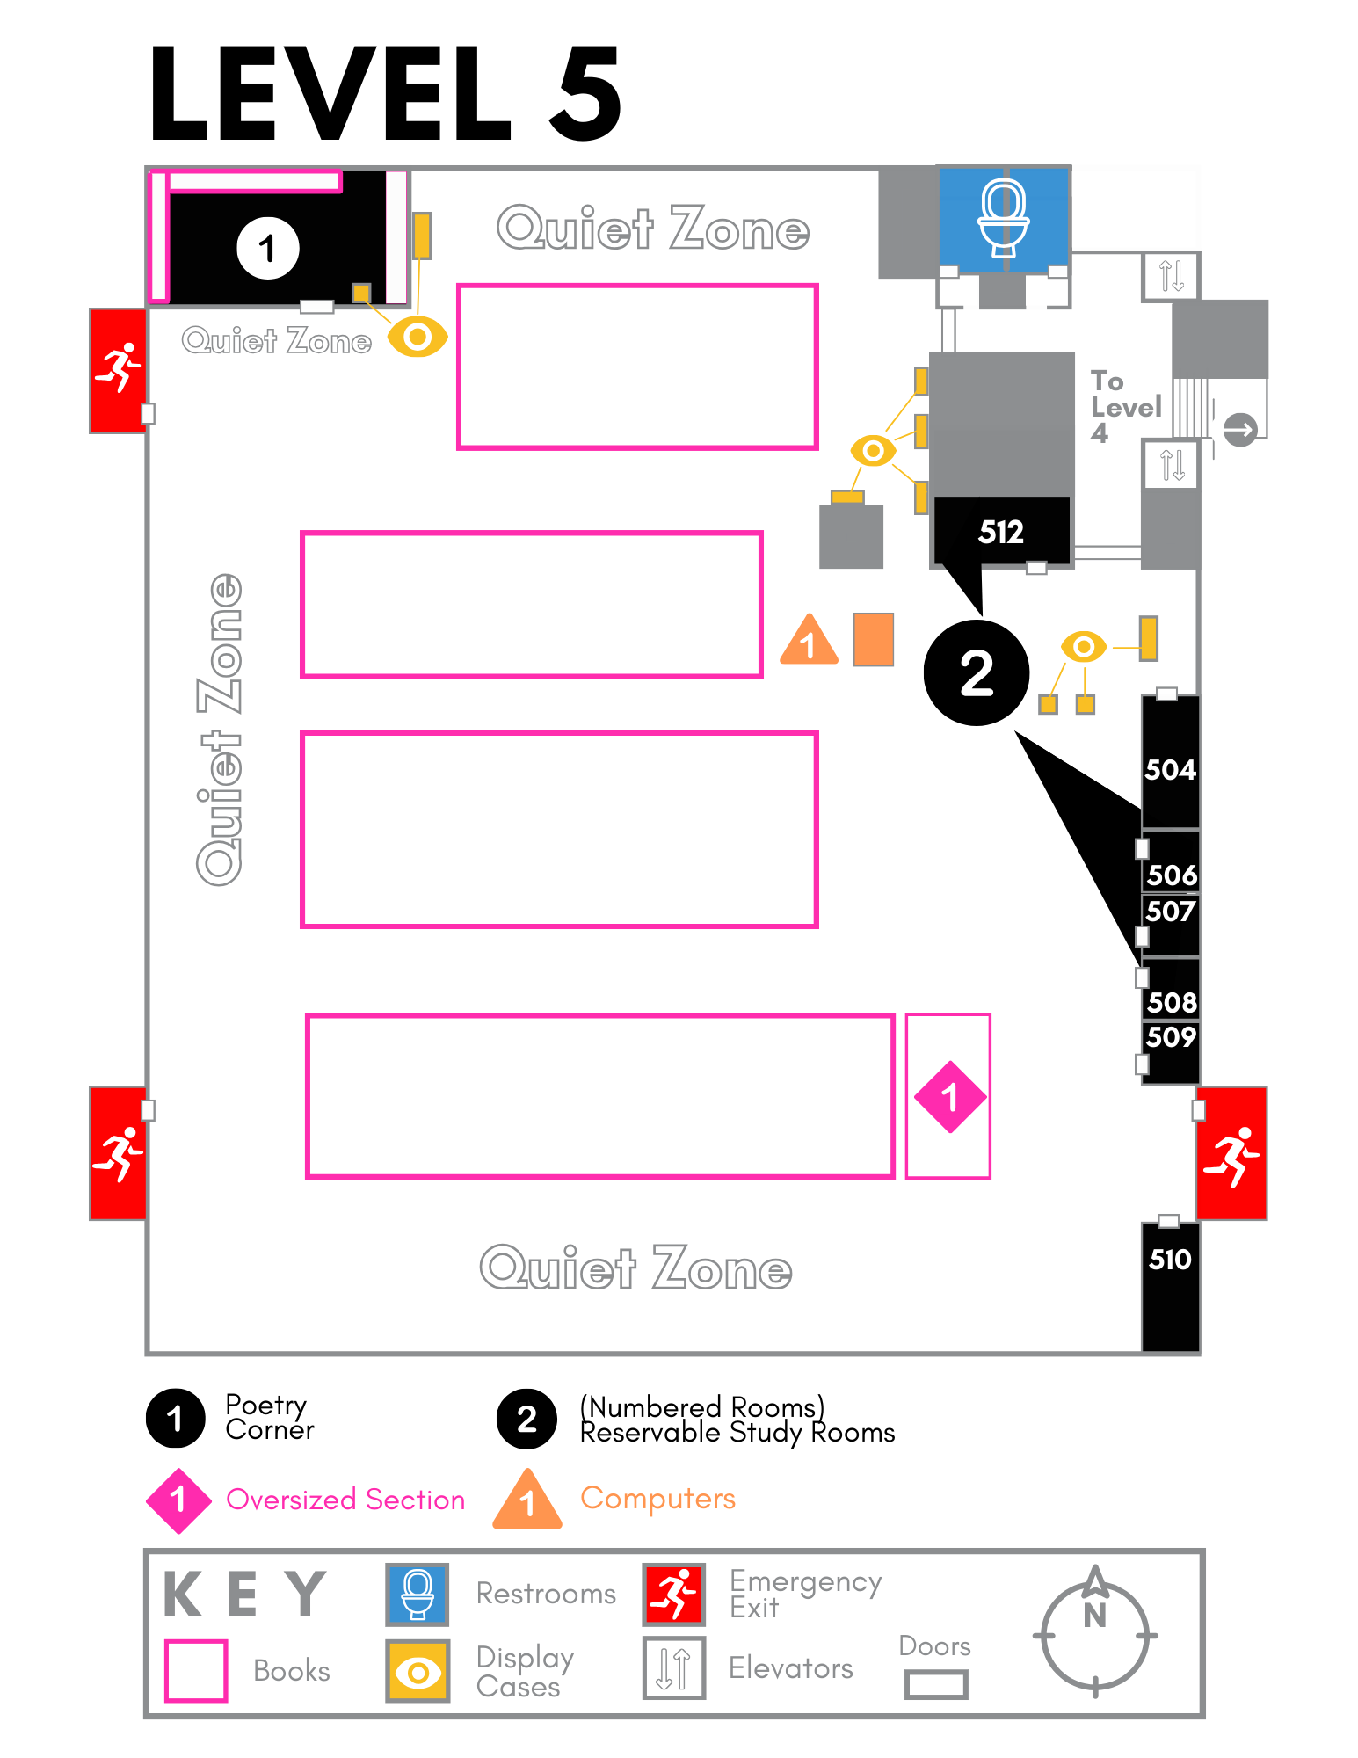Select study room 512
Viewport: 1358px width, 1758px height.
1001,531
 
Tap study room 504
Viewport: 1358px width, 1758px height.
1170,769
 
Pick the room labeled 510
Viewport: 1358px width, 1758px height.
1170,1283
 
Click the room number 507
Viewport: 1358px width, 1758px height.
1171,912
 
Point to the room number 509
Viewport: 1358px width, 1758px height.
1171,1037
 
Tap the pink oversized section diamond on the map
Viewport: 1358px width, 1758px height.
949,1097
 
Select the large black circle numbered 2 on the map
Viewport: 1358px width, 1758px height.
976,673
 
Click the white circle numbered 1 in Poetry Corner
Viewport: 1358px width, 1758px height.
268,248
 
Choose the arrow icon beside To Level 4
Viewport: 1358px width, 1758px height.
1239,430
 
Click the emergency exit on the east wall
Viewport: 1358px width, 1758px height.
1231,1153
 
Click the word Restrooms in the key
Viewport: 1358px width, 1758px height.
546,1594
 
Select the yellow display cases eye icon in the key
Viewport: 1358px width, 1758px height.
418,1671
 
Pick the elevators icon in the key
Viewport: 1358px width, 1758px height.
674,1668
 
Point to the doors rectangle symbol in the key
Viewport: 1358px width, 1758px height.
936,1684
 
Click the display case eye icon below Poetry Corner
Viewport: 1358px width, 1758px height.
418,337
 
